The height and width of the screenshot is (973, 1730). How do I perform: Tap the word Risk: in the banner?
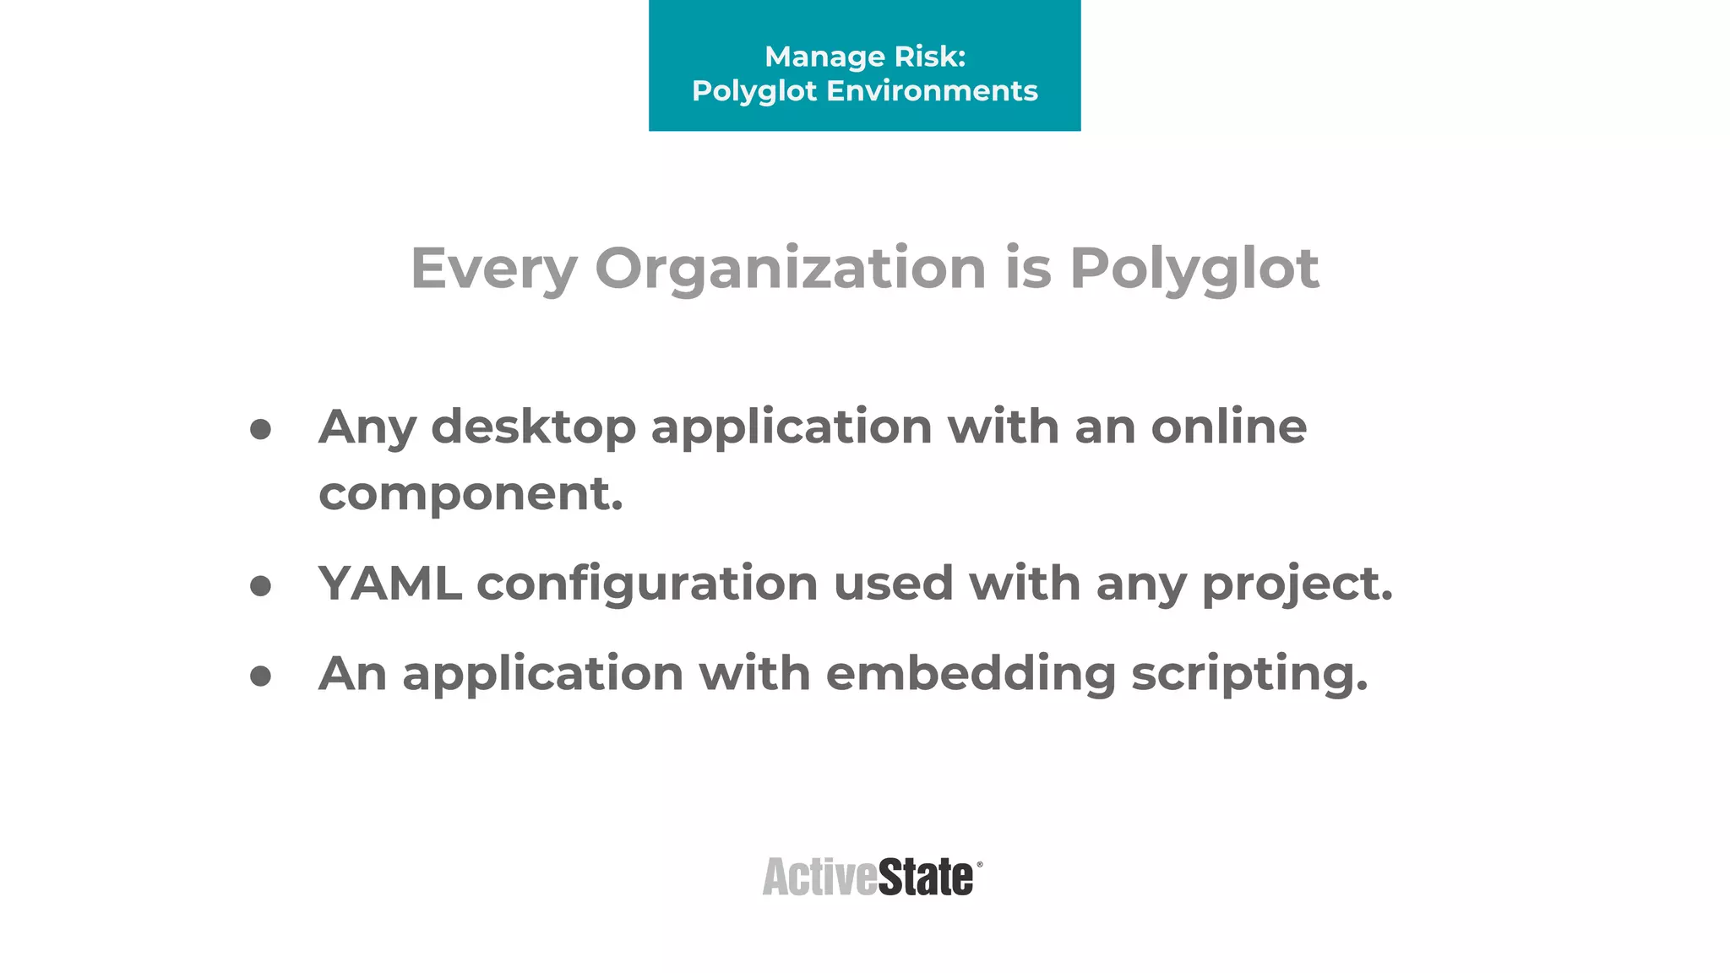(x=930, y=57)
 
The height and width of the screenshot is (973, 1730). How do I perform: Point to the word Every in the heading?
(x=493, y=269)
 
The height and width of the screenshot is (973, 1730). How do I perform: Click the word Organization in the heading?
(x=791, y=269)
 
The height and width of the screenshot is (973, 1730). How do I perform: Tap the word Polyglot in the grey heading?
(x=1194, y=269)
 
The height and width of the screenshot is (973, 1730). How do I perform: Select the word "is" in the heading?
(x=1028, y=268)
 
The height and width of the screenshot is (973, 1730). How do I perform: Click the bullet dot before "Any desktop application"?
(x=261, y=429)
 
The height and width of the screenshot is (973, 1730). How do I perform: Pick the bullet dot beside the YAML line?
(x=261, y=585)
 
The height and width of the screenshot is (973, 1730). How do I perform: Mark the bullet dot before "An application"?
(x=261, y=676)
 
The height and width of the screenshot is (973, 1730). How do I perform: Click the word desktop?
(x=533, y=427)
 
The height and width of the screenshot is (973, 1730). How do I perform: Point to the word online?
(x=1229, y=426)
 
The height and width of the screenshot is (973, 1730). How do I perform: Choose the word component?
(x=471, y=494)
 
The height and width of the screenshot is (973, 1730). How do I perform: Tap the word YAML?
(x=390, y=584)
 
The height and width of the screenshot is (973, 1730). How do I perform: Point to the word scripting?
(x=1249, y=675)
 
